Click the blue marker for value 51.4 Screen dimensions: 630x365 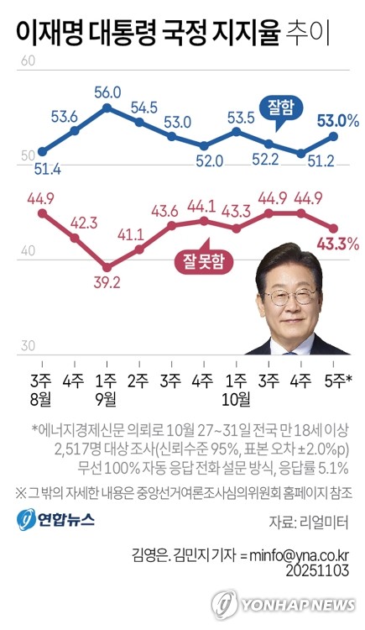pos(43,152)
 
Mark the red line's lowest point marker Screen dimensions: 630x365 pos(107,261)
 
